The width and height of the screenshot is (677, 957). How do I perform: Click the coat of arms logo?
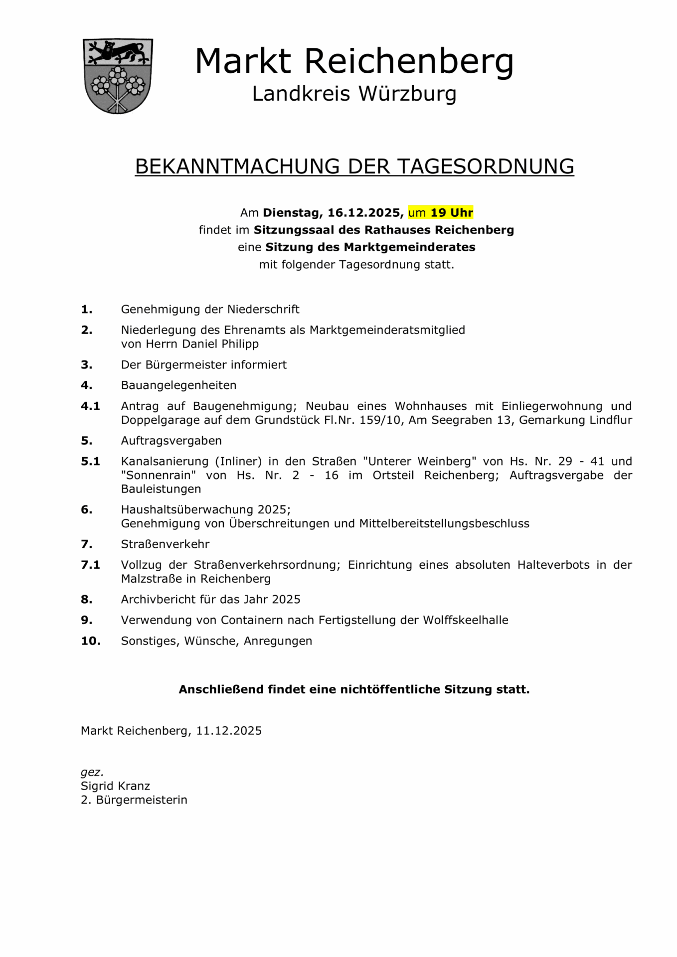tap(118, 76)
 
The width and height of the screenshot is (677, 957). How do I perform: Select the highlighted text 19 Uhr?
tap(451, 213)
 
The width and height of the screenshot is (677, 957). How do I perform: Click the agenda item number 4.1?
tap(90, 406)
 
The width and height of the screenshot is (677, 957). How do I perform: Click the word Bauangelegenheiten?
tap(178, 385)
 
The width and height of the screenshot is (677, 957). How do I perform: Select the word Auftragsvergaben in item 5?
tap(171, 441)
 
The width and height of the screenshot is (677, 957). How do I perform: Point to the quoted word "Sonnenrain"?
tap(159, 476)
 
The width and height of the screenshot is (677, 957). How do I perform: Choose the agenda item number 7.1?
tap(90, 565)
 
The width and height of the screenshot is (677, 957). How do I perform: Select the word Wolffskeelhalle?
tap(466, 620)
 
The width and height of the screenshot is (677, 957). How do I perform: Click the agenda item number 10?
tap(90, 641)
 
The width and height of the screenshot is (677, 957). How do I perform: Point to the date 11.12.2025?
tap(229, 731)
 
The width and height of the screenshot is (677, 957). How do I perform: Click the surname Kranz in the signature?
tap(134, 786)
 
